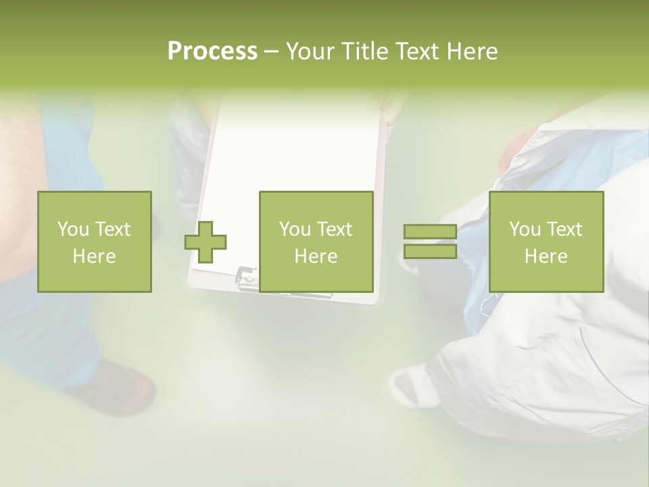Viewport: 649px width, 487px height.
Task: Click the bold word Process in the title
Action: (212, 51)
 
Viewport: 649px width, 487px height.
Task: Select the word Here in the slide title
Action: (471, 51)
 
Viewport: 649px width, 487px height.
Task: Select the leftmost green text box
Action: (94, 241)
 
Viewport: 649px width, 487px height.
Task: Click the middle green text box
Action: (316, 241)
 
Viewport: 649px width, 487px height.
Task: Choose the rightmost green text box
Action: (546, 241)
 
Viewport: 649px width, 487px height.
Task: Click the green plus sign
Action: (206, 241)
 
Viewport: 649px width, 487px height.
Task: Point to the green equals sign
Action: (430, 241)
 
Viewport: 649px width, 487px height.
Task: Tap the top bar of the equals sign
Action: (430, 232)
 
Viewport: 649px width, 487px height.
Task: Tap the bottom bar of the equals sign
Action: (430, 252)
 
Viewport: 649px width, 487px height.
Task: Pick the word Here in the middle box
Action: (316, 256)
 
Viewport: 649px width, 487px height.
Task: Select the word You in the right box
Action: (525, 229)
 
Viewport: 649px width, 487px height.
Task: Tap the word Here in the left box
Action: (94, 256)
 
